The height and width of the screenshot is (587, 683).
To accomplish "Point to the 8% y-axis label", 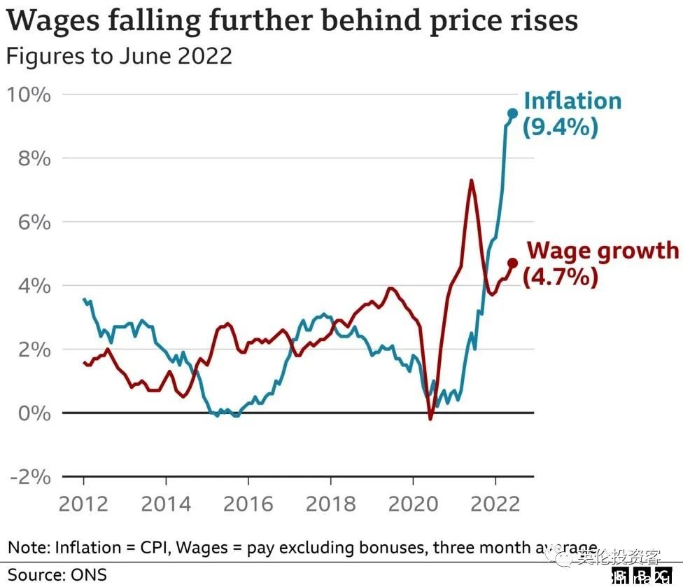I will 34,158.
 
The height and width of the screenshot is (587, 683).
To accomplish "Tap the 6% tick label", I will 34,222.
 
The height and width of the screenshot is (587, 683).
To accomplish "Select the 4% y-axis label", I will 34,286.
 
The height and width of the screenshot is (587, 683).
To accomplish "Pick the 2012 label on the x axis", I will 83,504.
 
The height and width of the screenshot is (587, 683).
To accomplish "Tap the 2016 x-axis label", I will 248,504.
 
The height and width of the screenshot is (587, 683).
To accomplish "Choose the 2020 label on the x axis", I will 413,504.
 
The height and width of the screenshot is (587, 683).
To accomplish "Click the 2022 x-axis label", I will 495,504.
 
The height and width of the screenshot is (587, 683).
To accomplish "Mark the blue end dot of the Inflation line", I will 512,113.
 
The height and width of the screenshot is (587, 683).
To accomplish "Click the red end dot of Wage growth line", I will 512,263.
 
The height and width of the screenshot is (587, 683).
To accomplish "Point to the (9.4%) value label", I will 561,127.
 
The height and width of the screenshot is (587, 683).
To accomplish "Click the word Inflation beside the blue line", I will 572,101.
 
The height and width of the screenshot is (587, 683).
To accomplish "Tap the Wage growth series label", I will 603,251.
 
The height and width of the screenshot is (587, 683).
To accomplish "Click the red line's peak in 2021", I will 472,181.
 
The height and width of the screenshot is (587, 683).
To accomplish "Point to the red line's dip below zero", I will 430,419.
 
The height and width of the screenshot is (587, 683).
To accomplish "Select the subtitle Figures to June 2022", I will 119,55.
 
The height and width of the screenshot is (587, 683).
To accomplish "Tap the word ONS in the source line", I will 88,575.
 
